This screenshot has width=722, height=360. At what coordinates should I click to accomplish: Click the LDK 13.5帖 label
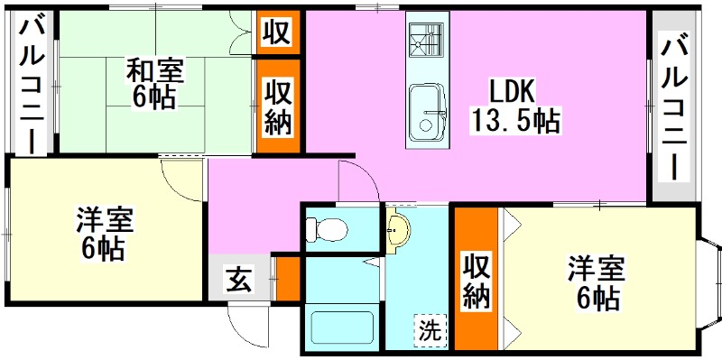[513, 105]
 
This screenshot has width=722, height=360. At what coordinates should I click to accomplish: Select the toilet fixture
[327, 230]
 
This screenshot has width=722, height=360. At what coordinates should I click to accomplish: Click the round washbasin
[396, 232]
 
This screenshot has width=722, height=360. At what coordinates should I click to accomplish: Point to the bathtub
[342, 328]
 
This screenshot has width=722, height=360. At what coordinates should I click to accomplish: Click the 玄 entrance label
[237, 282]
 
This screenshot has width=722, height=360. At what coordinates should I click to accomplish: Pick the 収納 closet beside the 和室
[278, 107]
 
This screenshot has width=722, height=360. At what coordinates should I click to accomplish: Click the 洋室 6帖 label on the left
[105, 233]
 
